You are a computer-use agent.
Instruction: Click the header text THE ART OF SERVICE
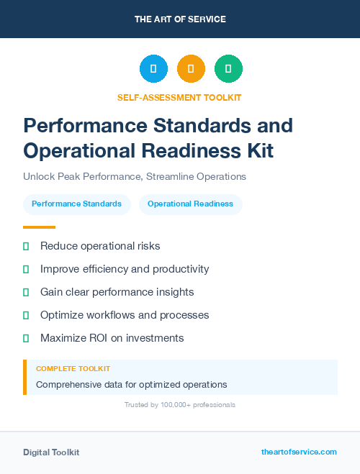(x=180, y=19)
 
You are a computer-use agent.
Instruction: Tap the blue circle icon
(x=153, y=69)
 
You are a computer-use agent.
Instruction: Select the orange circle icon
(x=191, y=69)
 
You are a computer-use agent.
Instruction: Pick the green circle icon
(x=228, y=69)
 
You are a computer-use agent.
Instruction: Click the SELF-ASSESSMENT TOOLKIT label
(x=179, y=97)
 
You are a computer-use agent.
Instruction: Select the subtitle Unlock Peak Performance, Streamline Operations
(x=135, y=176)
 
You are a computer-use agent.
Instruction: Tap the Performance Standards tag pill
(x=76, y=204)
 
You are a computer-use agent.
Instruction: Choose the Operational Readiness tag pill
(x=190, y=204)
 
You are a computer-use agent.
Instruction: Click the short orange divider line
(x=39, y=227)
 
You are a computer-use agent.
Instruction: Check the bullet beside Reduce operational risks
(x=26, y=247)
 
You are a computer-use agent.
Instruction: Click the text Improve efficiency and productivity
(x=125, y=269)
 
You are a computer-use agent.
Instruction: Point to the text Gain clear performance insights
(x=117, y=292)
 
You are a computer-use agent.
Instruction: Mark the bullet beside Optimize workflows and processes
(x=26, y=315)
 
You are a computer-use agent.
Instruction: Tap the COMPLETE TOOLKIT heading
(x=73, y=368)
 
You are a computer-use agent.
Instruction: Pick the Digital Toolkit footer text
(x=51, y=452)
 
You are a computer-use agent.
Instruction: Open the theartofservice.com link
(x=299, y=452)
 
